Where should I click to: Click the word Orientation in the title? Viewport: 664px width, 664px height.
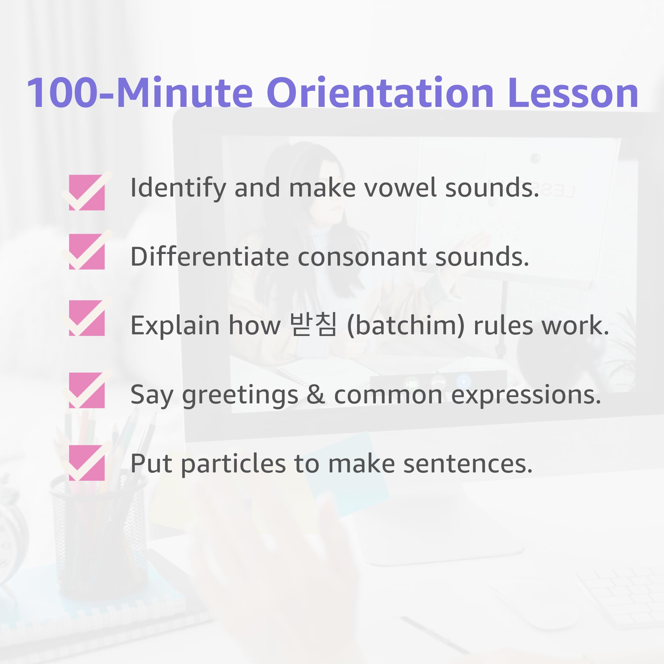point(380,93)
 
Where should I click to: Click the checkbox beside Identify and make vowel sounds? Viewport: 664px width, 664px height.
point(87,192)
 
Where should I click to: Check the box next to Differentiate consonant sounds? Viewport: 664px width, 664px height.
point(87,251)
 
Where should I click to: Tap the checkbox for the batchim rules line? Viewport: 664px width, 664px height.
point(87,318)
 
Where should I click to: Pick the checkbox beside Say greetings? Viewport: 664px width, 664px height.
point(87,390)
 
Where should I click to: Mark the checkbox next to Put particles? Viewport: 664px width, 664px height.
point(87,462)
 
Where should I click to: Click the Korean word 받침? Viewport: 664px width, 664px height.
point(313,325)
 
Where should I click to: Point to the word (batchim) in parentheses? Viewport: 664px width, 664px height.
point(406,325)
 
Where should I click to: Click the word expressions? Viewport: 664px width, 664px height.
point(526,395)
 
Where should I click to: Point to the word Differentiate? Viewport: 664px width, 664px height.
point(209,257)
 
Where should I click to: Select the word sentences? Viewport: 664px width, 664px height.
point(468,464)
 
